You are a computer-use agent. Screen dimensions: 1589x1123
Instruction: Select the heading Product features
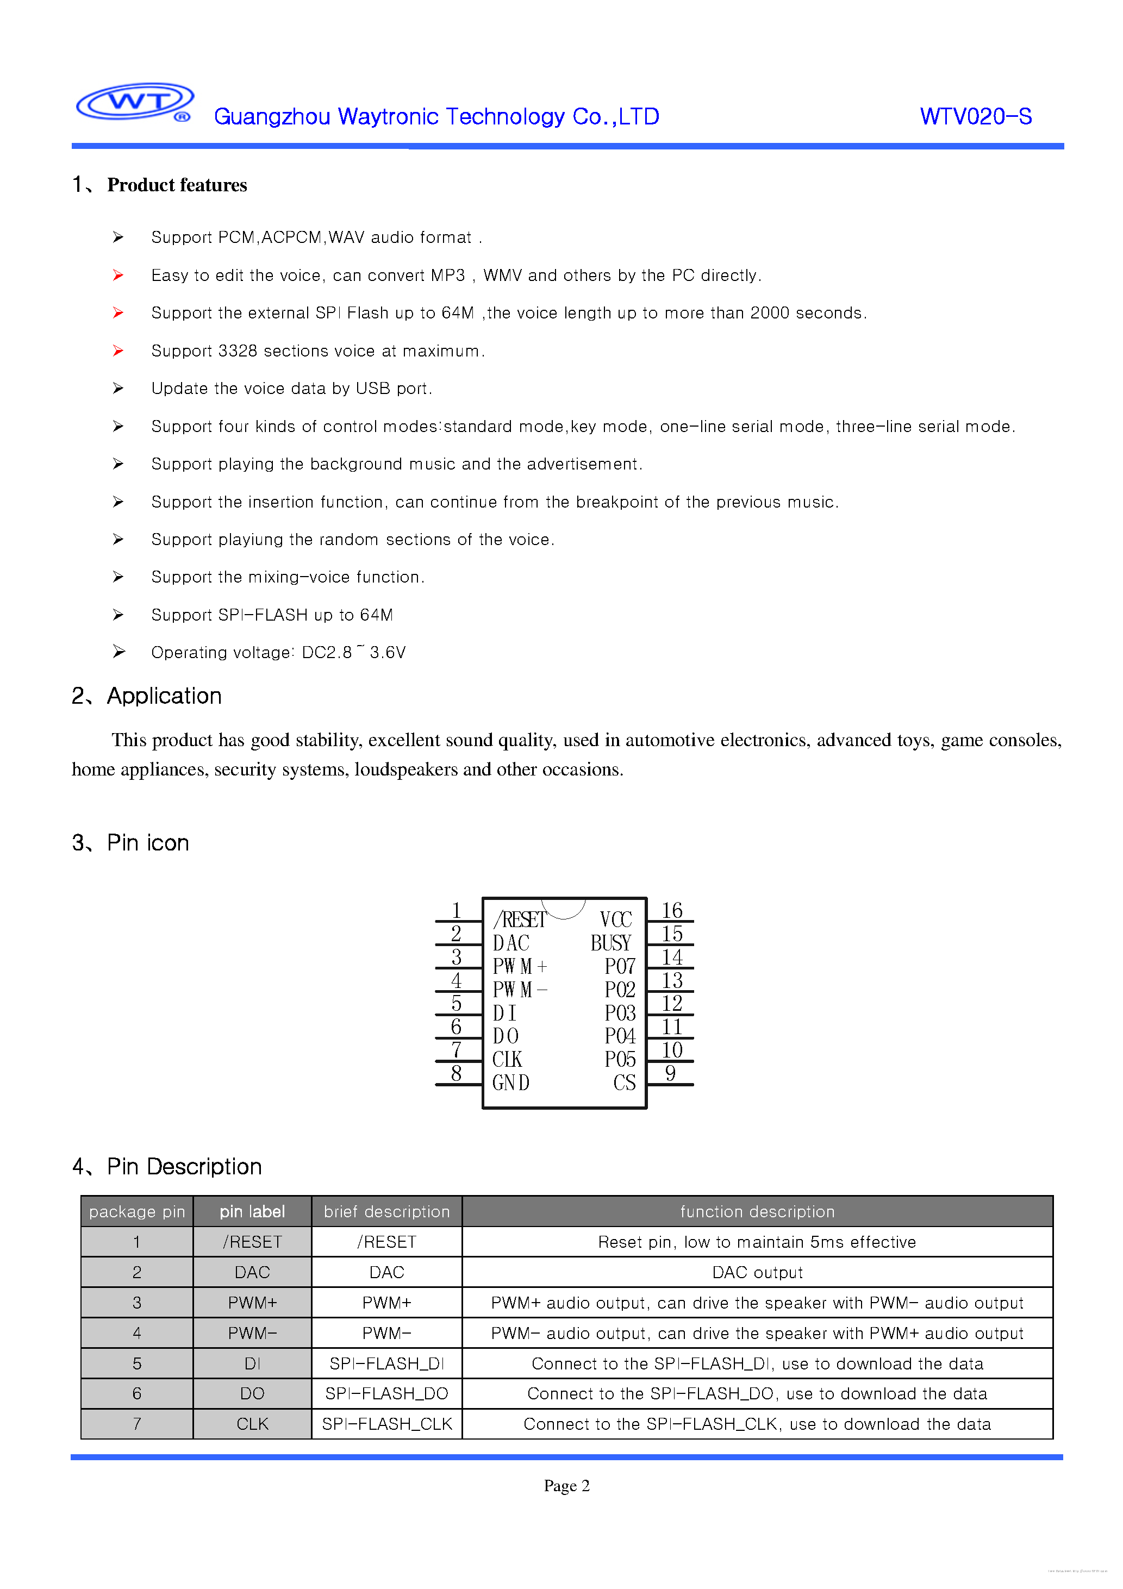pyautogui.click(x=177, y=185)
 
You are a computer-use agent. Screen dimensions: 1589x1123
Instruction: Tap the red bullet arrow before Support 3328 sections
pyautogui.click(x=118, y=351)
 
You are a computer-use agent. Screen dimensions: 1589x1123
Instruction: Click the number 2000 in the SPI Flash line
pyautogui.click(x=769, y=313)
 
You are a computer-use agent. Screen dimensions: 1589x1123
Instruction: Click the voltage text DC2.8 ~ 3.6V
pyautogui.click(x=354, y=653)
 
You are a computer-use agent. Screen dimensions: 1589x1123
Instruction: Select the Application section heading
pyautogui.click(x=164, y=696)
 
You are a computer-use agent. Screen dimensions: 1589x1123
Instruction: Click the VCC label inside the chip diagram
pyautogui.click(x=615, y=920)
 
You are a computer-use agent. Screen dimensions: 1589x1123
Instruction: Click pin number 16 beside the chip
pyautogui.click(x=672, y=910)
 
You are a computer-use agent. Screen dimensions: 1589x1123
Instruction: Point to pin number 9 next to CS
pyautogui.click(x=670, y=1073)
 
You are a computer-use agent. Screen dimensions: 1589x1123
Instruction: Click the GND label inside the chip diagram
pyautogui.click(x=511, y=1083)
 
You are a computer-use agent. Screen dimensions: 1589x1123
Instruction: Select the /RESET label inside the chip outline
pyautogui.click(x=519, y=920)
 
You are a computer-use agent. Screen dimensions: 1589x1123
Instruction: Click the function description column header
pyautogui.click(x=757, y=1211)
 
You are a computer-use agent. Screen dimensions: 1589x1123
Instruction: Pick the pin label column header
pyautogui.click(x=252, y=1211)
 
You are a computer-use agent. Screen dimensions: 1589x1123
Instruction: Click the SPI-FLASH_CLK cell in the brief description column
pyautogui.click(x=386, y=1424)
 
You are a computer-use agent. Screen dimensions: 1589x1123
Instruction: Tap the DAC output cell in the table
pyautogui.click(x=757, y=1272)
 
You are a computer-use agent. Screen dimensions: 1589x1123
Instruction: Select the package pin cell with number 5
pyautogui.click(x=137, y=1363)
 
